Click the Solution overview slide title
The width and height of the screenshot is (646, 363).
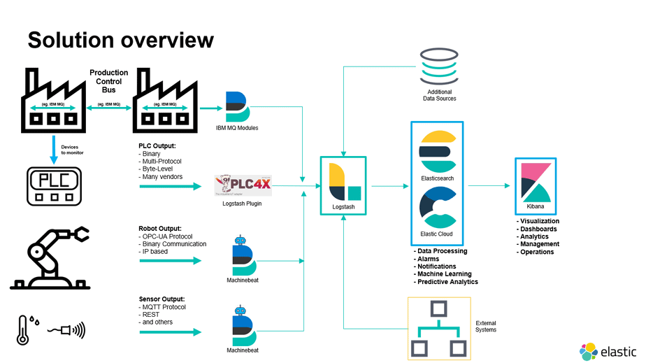tap(120, 40)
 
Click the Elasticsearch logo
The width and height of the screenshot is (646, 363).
tap(437, 148)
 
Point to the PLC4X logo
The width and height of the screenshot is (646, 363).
tap(242, 184)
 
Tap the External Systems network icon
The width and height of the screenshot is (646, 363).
tap(438, 329)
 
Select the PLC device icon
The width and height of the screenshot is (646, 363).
tap(53, 186)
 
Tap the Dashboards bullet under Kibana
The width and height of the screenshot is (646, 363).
tap(537, 229)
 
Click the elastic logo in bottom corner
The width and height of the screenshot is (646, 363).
tap(608, 351)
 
